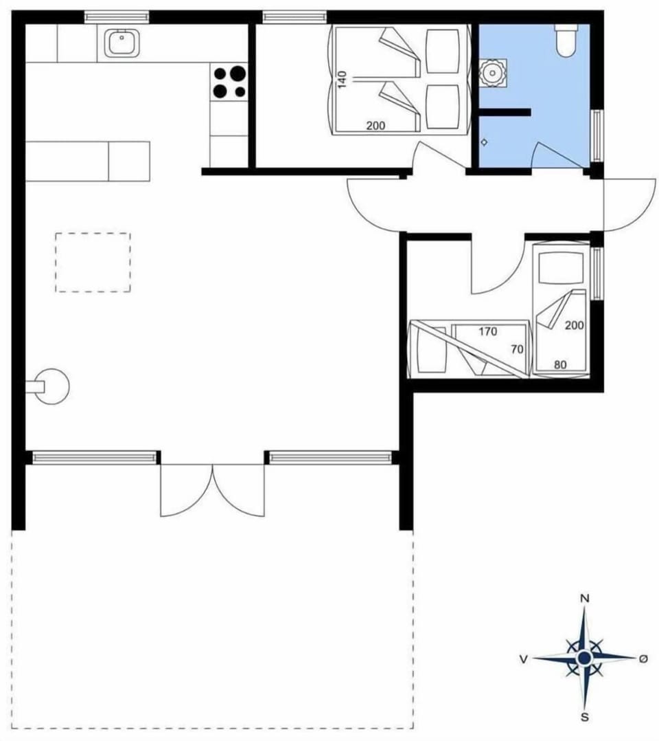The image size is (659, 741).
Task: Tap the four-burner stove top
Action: [229, 81]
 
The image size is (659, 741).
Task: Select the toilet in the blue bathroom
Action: [566, 41]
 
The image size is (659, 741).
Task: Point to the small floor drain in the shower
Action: [484, 143]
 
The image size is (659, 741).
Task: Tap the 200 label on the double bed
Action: [375, 126]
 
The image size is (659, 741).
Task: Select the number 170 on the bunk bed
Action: [487, 331]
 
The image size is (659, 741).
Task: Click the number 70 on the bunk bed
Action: [517, 349]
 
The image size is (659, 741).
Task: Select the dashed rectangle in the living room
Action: [93, 262]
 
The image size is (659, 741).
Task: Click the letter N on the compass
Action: [585, 599]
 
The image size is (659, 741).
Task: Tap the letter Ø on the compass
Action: [643, 659]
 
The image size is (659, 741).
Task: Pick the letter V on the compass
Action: [523, 659]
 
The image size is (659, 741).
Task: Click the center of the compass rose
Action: [584, 659]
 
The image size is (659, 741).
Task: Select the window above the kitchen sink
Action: [117, 16]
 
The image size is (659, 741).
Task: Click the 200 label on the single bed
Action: [575, 324]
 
